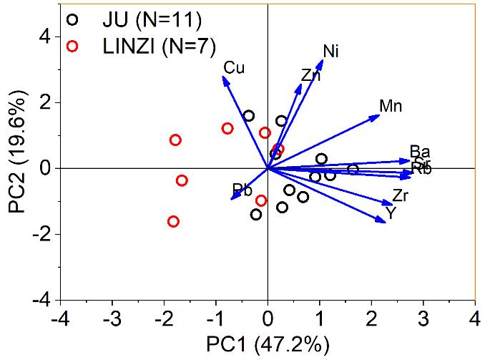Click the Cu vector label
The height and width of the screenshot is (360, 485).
tap(234, 68)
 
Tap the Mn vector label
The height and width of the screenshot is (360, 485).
tap(391, 107)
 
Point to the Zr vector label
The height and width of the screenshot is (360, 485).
tap(401, 195)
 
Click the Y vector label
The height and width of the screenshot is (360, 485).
tap(391, 213)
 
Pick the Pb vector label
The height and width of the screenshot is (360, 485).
tap(242, 190)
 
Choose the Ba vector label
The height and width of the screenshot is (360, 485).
tap(420, 152)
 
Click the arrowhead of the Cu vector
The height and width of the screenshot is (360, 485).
tap(225, 78)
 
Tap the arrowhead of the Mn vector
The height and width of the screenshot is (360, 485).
tap(378, 115)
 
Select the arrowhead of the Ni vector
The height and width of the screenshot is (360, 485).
tap(323, 61)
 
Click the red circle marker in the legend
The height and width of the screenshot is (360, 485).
tap(71, 47)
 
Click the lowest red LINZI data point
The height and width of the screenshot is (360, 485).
tap(173, 222)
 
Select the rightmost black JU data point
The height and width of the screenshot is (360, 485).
tap(353, 169)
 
